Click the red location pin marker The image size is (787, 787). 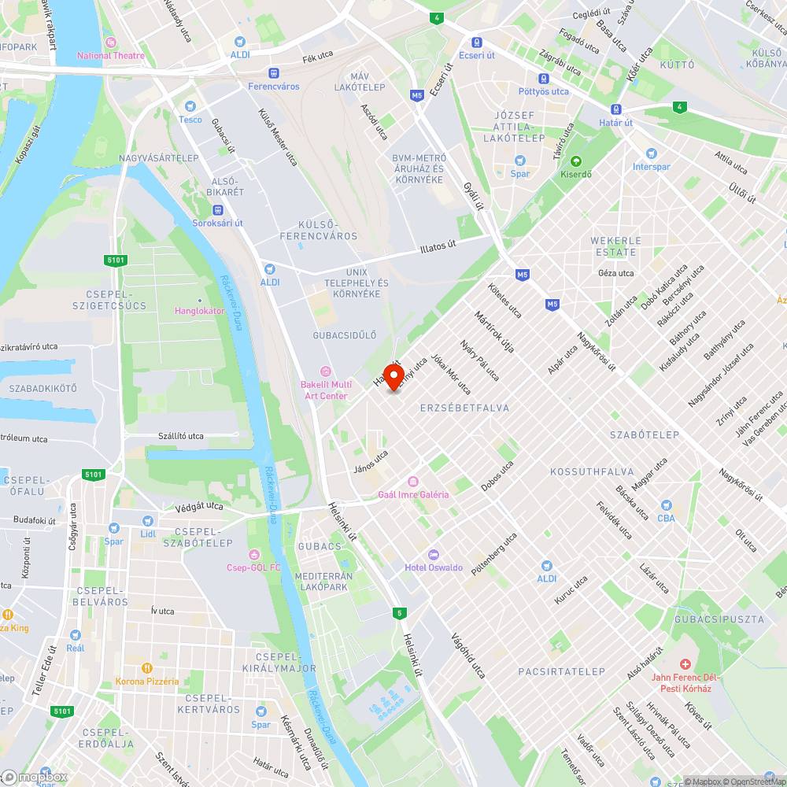click(x=393, y=375)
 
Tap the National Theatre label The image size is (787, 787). click(x=111, y=55)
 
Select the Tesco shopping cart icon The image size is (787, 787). click(x=190, y=106)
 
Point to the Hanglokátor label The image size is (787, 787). click(x=199, y=311)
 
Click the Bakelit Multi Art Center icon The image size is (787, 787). click(x=324, y=371)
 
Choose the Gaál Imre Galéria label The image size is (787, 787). click(x=413, y=494)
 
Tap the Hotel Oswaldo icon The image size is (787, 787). click(x=434, y=555)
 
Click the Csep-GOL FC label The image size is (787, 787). click(x=253, y=567)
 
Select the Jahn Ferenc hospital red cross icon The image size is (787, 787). click(x=684, y=665)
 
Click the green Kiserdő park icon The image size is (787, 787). click(x=575, y=161)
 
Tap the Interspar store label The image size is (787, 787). click(x=651, y=166)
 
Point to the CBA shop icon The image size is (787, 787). click(x=666, y=506)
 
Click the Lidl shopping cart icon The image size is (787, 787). click(x=147, y=521)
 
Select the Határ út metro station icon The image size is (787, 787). click(x=615, y=110)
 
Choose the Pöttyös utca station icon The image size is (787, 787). click(x=543, y=79)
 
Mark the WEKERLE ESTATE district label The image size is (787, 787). click(x=616, y=246)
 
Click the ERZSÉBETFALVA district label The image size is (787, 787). click(x=464, y=408)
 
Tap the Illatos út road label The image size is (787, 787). click(x=438, y=248)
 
